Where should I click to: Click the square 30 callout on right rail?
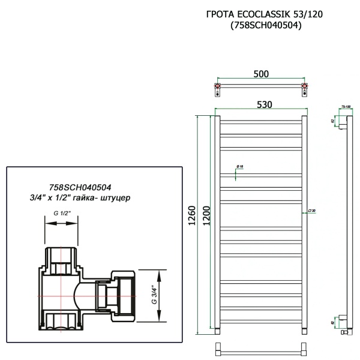tap(311, 211)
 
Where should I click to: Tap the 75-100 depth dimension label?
tap(346, 106)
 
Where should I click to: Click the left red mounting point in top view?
tap(217, 91)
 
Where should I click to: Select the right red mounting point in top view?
tap(305, 91)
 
